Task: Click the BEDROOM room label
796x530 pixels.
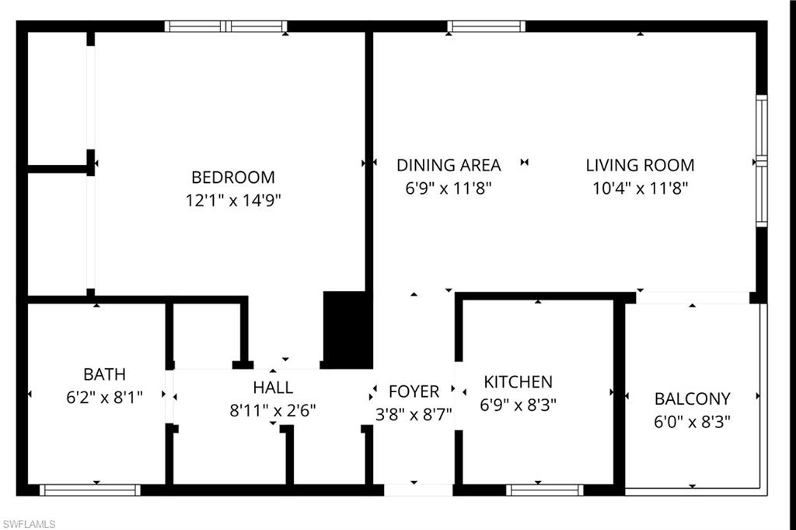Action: [233, 177]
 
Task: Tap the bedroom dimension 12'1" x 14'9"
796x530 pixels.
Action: [233, 200]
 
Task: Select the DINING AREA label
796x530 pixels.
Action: [449, 165]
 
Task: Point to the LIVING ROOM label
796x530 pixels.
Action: [640, 165]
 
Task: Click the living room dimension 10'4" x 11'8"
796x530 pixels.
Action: [640, 188]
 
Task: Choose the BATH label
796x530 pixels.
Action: [104, 374]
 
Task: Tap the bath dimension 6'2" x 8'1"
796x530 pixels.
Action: [104, 397]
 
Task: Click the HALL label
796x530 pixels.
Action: [273, 388]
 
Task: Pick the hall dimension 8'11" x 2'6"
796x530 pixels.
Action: [273, 409]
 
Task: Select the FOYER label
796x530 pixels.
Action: [414, 391]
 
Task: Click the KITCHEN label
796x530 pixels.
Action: [518, 381]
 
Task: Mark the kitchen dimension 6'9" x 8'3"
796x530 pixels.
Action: [518, 405]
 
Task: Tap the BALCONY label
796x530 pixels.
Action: [692, 398]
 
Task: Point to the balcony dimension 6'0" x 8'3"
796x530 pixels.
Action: [692, 421]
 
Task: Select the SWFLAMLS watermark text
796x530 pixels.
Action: [29, 524]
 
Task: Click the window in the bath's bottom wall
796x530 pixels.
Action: [89, 490]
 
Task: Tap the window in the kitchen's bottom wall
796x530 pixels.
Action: [544, 490]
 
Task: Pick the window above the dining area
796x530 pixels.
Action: [487, 26]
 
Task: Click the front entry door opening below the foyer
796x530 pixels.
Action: [418, 490]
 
